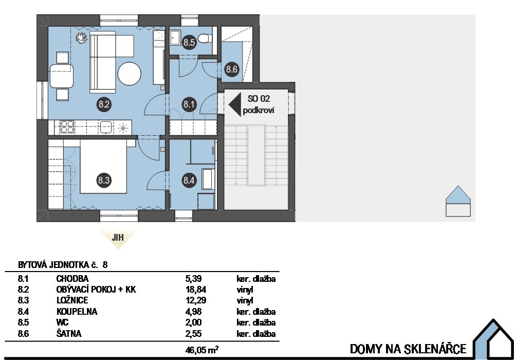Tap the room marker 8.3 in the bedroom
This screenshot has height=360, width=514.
[104, 181]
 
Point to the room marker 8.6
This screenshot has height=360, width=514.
[231, 69]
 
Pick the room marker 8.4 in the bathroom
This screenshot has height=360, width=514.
[189, 181]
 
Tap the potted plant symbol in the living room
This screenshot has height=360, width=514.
[80, 38]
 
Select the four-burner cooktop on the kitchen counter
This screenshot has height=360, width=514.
[67, 127]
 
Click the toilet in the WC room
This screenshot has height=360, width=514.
[206, 39]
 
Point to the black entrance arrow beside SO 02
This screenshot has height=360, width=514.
[235, 104]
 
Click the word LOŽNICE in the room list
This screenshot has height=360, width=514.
[71, 300]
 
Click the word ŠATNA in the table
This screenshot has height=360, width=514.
[68, 334]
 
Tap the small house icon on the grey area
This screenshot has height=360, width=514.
[458, 202]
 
